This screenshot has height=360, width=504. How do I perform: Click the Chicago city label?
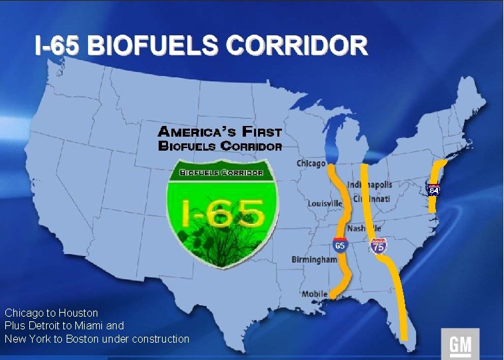pyautogui.click(x=311, y=163)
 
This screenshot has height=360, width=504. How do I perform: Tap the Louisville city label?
pyautogui.click(x=325, y=203)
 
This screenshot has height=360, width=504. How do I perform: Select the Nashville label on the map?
pyautogui.click(x=364, y=229)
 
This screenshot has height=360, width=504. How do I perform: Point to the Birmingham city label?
pyautogui.click(x=314, y=259)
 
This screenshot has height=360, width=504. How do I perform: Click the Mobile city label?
pyautogui.click(x=315, y=294)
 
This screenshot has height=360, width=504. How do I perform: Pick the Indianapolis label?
pyautogui.click(x=370, y=185)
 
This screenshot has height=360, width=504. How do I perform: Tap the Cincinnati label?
pyautogui.click(x=372, y=199)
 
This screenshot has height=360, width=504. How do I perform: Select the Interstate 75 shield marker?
pyautogui.click(x=378, y=247)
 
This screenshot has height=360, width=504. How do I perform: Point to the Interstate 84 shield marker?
pyautogui.click(x=434, y=190)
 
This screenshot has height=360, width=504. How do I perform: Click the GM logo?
pyautogui.click(x=460, y=344)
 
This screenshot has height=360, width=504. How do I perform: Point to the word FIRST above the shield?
pyautogui.click(x=262, y=132)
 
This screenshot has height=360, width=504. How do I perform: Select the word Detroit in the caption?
pyautogui.click(x=44, y=326)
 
